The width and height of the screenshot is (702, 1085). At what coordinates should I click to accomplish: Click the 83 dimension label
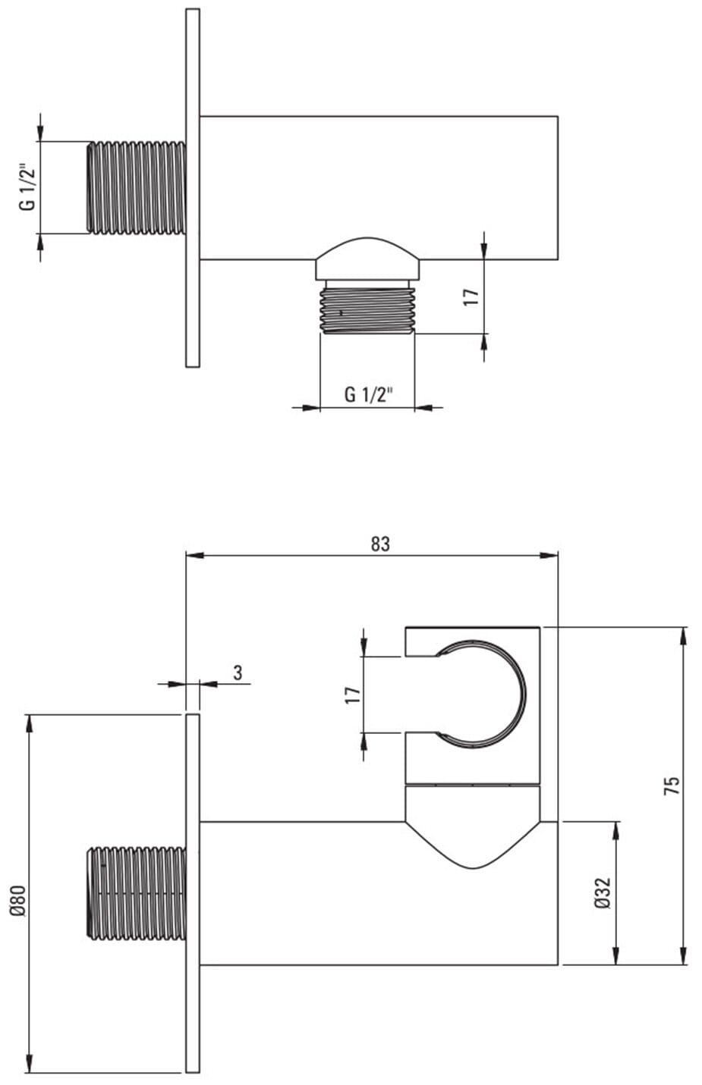380,544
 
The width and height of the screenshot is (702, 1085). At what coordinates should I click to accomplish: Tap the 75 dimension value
672,786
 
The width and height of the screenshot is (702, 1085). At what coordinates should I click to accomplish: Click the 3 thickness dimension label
238,673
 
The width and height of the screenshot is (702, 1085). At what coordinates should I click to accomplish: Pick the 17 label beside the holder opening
353,695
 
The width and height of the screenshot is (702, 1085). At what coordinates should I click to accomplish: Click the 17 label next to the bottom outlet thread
471,296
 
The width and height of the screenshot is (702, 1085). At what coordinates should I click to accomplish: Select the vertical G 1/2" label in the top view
27,187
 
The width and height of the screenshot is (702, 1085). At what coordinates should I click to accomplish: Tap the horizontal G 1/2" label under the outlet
368,395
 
